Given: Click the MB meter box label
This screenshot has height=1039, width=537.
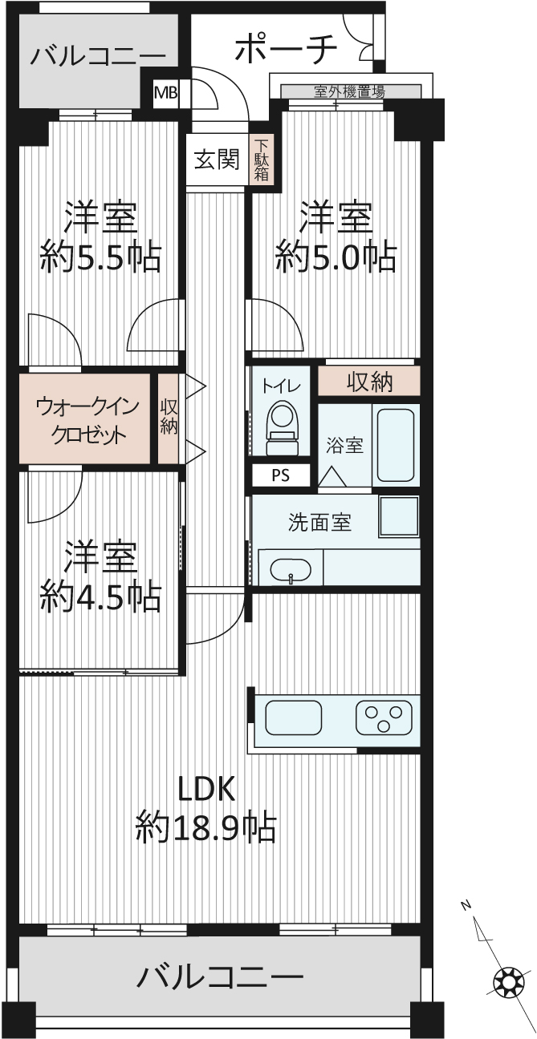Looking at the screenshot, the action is point(165,93).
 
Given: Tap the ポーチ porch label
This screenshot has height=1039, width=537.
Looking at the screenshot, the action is point(286,49).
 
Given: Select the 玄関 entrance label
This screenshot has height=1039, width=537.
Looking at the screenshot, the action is point(218,160).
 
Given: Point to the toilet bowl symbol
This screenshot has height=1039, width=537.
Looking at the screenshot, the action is point(281,427).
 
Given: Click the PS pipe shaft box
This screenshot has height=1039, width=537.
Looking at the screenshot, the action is point(281,475).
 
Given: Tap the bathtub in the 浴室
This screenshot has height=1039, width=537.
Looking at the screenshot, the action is point(395,445).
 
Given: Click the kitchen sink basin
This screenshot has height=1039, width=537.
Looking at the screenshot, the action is point(294,718).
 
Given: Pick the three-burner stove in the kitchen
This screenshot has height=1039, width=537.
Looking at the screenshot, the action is point(384,718).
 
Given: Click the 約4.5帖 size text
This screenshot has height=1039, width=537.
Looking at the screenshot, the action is point(101,597).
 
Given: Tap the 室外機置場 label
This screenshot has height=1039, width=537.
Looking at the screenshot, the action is point(349,91).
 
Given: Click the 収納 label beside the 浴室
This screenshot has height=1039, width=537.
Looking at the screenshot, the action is point(370,382).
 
